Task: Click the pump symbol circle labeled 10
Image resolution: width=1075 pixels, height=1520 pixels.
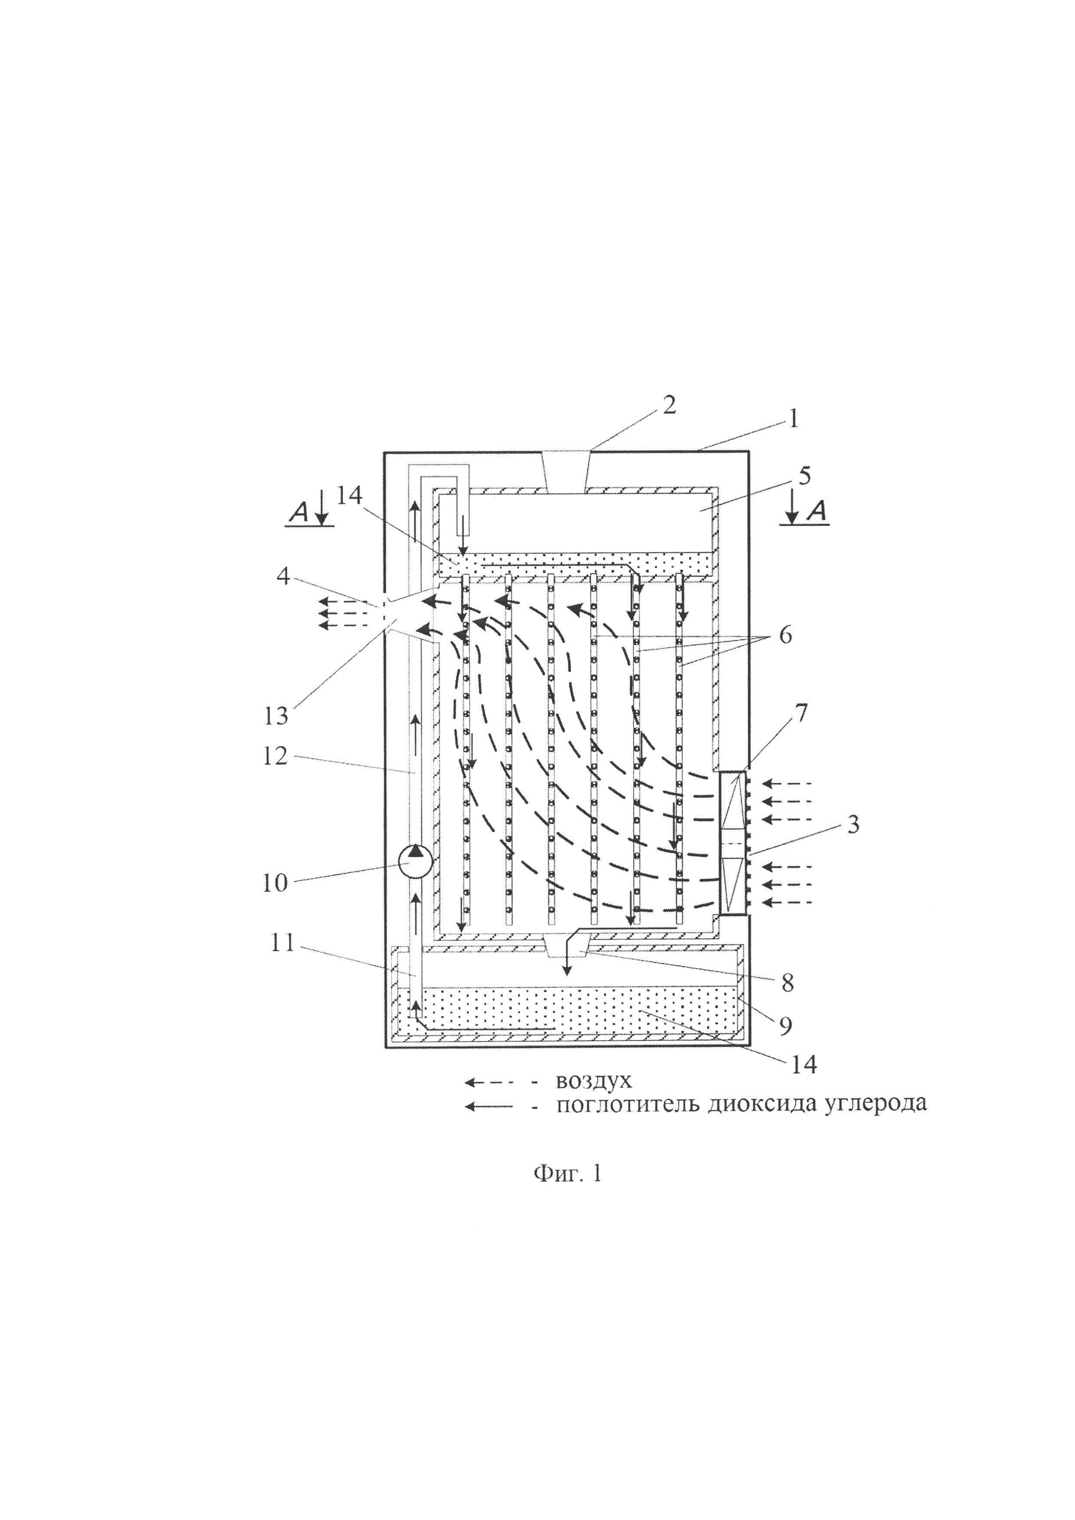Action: coord(415,862)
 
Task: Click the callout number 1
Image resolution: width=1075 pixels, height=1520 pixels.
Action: coord(792,418)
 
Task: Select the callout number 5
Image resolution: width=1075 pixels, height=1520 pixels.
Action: coord(804,476)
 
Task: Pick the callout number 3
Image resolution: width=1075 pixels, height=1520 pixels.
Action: coord(853,825)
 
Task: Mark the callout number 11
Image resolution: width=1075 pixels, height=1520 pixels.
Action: coord(283,943)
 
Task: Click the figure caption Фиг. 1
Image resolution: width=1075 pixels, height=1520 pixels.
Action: coord(568,1174)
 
